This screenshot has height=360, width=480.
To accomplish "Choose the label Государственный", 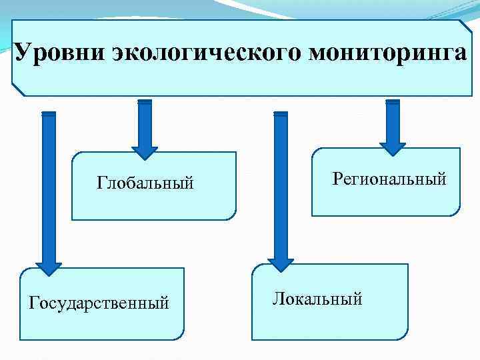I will (x=99, y=303).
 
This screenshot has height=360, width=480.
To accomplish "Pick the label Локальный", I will (x=317, y=298).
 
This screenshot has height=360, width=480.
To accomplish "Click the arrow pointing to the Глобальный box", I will (x=145, y=127).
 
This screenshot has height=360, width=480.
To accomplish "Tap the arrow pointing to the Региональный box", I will (x=393, y=123).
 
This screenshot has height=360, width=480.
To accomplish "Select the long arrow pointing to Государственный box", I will (x=48, y=187).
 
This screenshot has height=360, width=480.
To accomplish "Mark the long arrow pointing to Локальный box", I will (x=281, y=187).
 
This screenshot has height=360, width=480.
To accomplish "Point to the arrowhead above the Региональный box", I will (x=393, y=149).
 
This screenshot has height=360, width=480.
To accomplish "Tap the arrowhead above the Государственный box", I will (x=48, y=267).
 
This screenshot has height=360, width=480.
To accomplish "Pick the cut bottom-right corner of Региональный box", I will (x=455, y=211).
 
